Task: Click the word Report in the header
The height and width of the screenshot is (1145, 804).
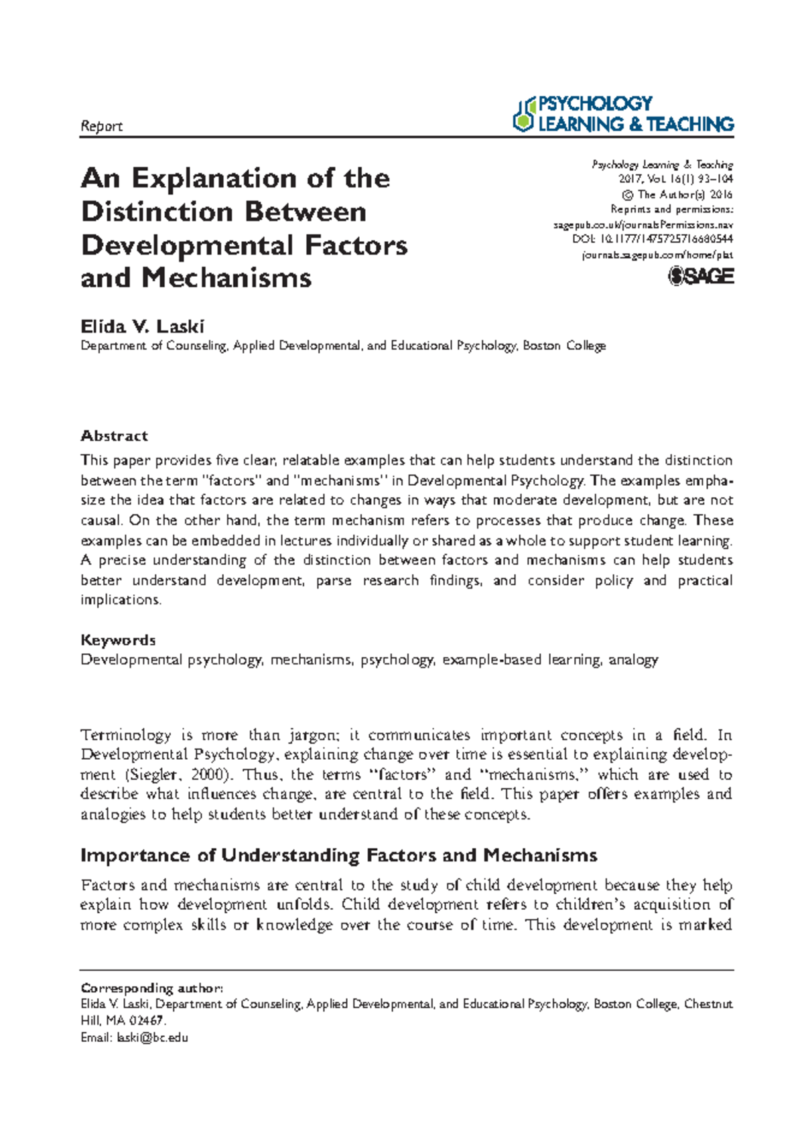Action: pyautogui.click(x=101, y=126)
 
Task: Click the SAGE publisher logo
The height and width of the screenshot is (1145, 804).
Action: pyautogui.click(x=701, y=277)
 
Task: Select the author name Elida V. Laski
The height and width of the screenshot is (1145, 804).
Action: pyautogui.click(x=142, y=326)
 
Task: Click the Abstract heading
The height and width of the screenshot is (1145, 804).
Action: pyautogui.click(x=114, y=435)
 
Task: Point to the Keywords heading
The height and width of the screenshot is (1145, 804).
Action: pyautogui.click(x=118, y=640)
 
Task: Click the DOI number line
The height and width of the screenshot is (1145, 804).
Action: pyautogui.click(x=653, y=239)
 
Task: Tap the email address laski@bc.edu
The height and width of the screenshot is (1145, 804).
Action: pyautogui.click(x=152, y=1038)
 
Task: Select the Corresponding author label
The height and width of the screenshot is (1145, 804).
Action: pyautogui.click(x=151, y=988)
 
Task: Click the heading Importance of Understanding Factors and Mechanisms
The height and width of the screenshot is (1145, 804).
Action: pyautogui.click(x=338, y=856)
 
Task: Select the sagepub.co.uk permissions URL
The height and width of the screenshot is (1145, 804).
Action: pyautogui.click(x=643, y=224)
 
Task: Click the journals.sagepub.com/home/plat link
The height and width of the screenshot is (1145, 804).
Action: pyautogui.click(x=657, y=255)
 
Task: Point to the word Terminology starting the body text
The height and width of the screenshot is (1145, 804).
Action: pyautogui.click(x=125, y=735)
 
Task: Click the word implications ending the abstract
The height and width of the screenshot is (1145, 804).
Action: pyautogui.click(x=120, y=600)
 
